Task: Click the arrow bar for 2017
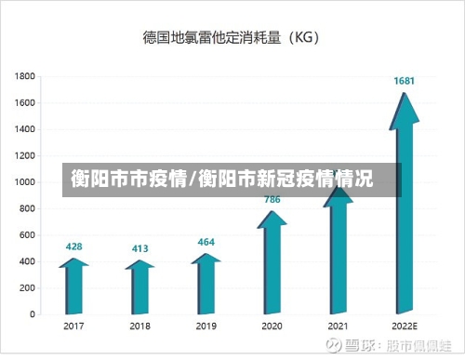point(73,288)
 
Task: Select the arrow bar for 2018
point(139,289)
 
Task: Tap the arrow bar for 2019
point(206,286)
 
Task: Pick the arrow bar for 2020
point(272,265)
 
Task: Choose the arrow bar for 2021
point(338,251)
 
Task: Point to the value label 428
point(73,247)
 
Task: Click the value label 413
point(139,248)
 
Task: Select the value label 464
point(206,242)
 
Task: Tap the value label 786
point(272,199)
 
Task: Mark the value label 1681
point(404,81)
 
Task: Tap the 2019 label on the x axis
point(206,327)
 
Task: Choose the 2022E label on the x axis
point(404,327)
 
